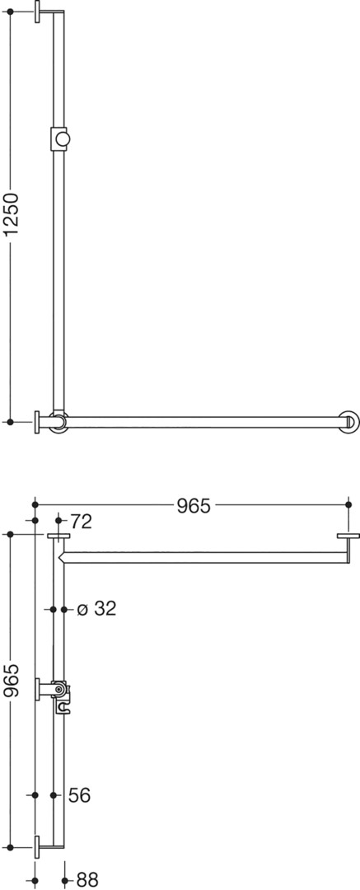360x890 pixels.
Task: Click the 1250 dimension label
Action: tap(11, 214)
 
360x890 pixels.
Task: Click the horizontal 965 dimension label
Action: tap(193, 505)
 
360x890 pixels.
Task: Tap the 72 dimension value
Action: tap(82, 522)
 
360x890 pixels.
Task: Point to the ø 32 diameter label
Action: tap(96, 609)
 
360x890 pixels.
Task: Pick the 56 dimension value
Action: tap(79, 795)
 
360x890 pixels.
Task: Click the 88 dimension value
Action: tap(86, 880)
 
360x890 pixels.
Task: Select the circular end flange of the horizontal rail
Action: tap(349, 422)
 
